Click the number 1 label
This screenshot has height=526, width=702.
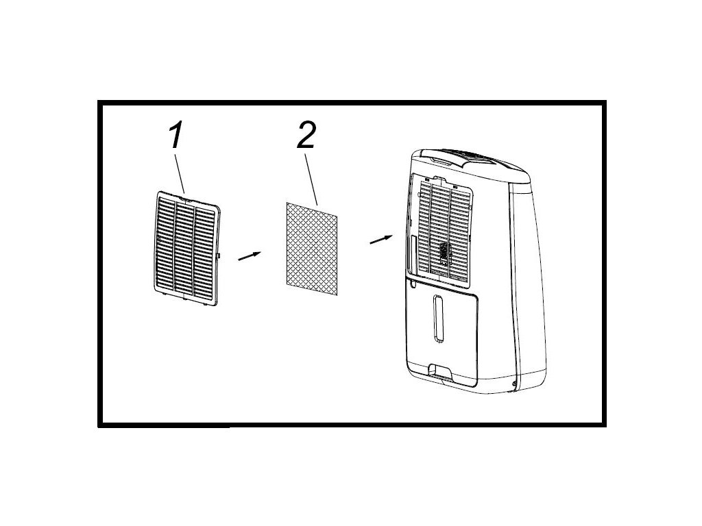pyautogui.click(x=175, y=136)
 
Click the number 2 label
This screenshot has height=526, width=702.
pyautogui.click(x=306, y=137)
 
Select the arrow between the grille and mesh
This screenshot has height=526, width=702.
pyautogui.click(x=250, y=255)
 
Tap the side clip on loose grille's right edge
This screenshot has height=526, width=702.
pyautogui.click(x=218, y=256)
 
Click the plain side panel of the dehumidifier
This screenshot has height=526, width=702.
pyautogui.click(x=528, y=288)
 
